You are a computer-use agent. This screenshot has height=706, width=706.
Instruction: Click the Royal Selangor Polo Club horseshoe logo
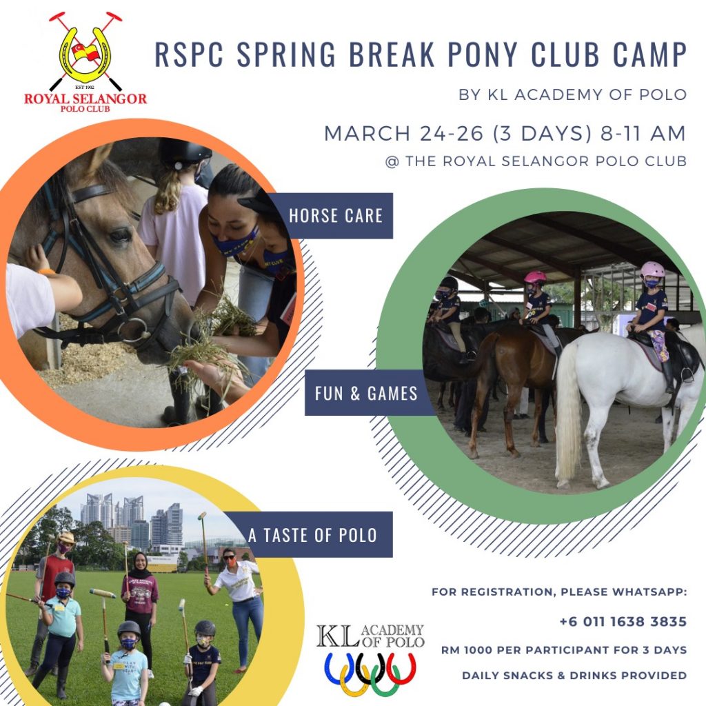coord(85,54)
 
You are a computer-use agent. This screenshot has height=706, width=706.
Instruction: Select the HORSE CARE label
coord(336,216)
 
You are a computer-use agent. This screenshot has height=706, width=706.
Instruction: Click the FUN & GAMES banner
coord(365,393)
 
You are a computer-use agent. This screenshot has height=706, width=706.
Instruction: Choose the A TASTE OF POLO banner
coord(312,535)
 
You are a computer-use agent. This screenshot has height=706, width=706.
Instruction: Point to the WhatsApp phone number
coord(623,621)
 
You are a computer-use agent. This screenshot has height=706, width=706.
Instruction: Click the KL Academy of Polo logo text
coord(370,636)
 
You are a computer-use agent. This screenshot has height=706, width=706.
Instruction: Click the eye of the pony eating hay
coord(120,234)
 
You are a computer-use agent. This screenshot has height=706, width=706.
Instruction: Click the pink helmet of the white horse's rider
coord(652,270)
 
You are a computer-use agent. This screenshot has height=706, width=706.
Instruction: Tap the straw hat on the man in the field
coord(65,538)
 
